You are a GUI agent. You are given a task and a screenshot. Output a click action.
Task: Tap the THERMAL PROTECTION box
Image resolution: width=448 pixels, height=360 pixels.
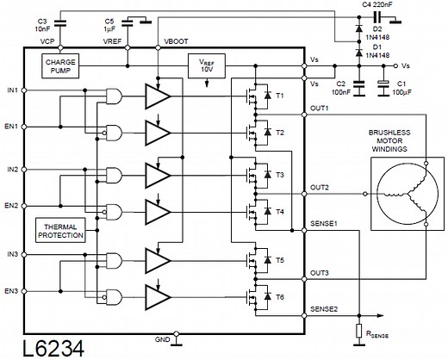tap(59, 230)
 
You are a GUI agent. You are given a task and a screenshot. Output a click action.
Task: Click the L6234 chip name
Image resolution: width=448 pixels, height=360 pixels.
tap(46, 348)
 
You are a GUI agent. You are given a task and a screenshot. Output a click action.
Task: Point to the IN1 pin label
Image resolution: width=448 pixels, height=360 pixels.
tap(10, 90)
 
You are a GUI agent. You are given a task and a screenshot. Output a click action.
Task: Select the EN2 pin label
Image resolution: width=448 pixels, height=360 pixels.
tap(10, 205)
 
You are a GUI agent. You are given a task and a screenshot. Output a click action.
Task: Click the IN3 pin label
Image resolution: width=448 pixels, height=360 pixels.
tap(10, 255)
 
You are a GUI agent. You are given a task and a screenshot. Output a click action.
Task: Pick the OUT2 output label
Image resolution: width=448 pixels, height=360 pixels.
tap(320, 186)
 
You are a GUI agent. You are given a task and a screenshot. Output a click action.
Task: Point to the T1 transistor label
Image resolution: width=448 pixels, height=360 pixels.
tap(280, 95)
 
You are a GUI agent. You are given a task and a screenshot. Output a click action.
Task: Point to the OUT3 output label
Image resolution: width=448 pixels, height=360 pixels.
tap(320, 273)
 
